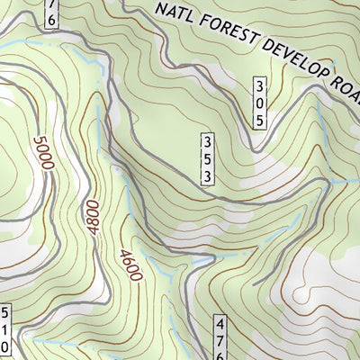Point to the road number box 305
click(260, 102)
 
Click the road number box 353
click(207, 159)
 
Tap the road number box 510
click(4, 331)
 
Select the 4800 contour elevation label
click(94, 217)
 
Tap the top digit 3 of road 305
click(260, 86)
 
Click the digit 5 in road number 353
click(207, 159)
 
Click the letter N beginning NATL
click(162, 10)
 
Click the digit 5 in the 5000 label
click(39, 141)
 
